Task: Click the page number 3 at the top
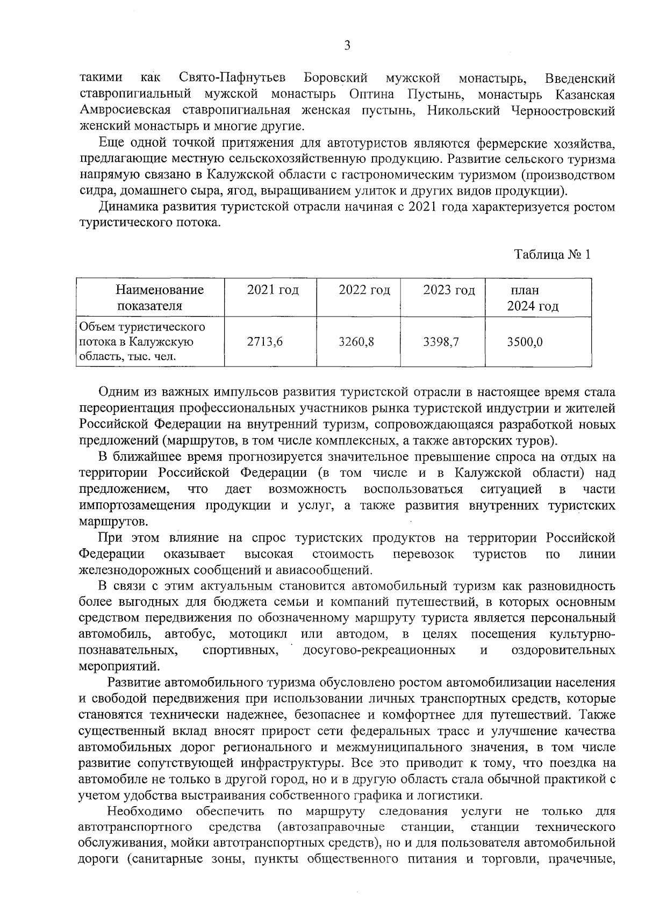click(x=347, y=46)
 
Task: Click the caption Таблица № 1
click(x=553, y=254)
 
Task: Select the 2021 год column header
click(x=273, y=291)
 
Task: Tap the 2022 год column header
click(x=364, y=291)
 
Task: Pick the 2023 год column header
click(x=449, y=291)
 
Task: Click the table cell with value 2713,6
click(x=264, y=341)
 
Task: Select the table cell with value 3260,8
click(x=356, y=341)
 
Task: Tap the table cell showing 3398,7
click(x=441, y=341)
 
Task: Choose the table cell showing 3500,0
click(x=525, y=341)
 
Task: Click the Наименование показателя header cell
click(x=160, y=298)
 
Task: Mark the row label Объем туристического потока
click(x=142, y=341)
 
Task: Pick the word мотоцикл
click(x=258, y=634)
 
